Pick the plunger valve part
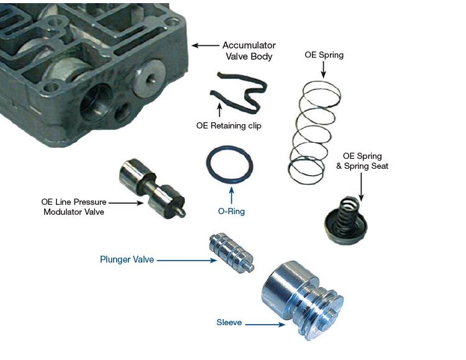click(231, 252)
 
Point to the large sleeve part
click(302, 300)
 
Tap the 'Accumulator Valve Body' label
click(249, 51)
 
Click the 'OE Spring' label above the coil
click(324, 55)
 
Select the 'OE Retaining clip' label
click(229, 125)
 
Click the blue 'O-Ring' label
click(232, 211)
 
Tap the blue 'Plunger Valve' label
click(127, 259)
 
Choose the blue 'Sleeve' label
click(229, 322)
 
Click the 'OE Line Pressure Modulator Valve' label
click(74, 207)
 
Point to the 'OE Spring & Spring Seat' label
click(362, 161)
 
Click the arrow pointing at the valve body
click(205, 45)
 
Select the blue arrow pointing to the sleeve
click(265, 325)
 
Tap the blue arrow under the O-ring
click(232, 195)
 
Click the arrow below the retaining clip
click(219, 109)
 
